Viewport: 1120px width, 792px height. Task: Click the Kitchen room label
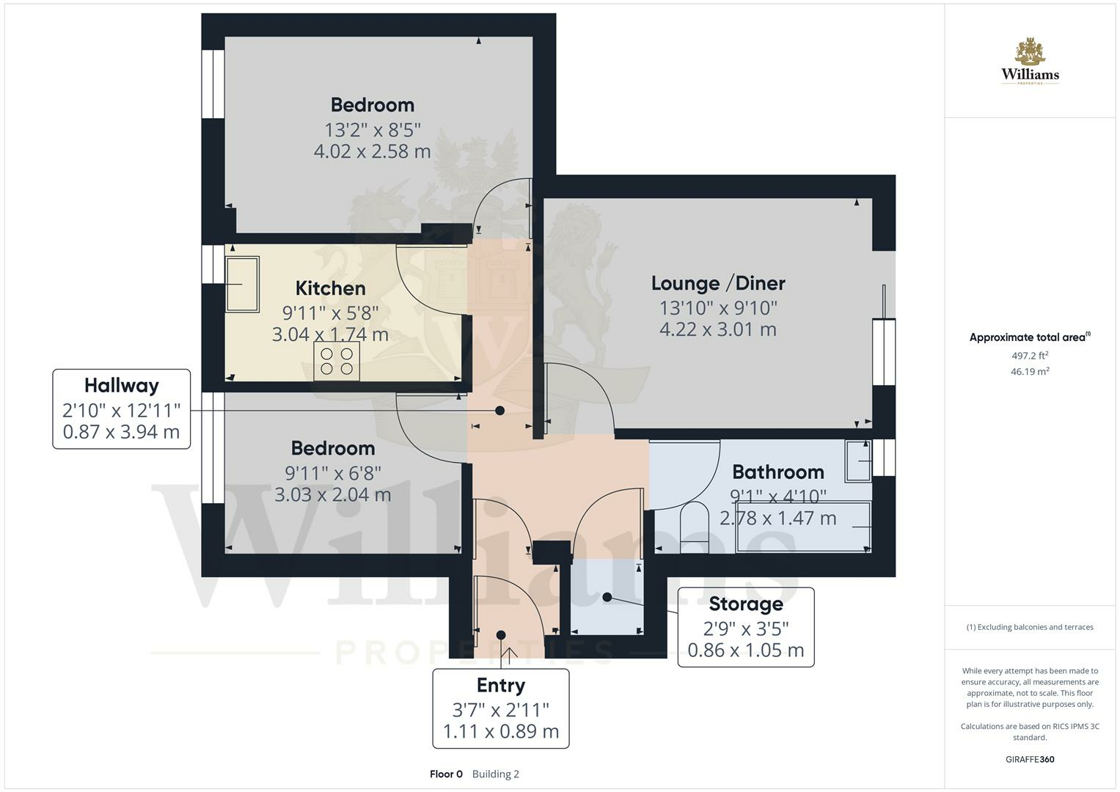[x=330, y=288]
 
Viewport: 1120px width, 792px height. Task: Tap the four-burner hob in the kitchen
[x=337, y=361]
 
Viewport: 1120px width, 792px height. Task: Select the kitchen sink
[x=242, y=284]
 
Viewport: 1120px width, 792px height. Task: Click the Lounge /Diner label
[x=718, y=283]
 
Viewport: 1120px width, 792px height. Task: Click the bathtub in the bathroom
[x=803, y=527]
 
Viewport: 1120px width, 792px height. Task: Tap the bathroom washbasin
[x=858, y=461]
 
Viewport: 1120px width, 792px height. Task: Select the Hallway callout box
[x=122, y=408]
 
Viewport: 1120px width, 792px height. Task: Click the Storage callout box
[x=745, y=627]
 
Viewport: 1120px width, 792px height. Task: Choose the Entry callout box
[x=501, y=708]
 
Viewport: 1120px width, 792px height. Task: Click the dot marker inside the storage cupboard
[x=607, y=598]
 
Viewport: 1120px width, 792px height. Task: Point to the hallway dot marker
[x=500, y=411]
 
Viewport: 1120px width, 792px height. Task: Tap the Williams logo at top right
[x=1030, y=62]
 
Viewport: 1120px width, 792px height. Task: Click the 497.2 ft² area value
[x=1030, y=356]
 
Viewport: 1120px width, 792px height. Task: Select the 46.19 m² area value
[x=1030, y=372]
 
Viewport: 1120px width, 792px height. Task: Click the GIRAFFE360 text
[x=1030, y=759]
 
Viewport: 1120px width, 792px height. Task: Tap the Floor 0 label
[x=446, y=774]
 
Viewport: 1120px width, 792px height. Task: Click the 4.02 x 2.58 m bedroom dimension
[x=372, y=152]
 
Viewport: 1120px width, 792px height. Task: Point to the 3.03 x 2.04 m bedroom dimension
[x=332, y=495]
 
